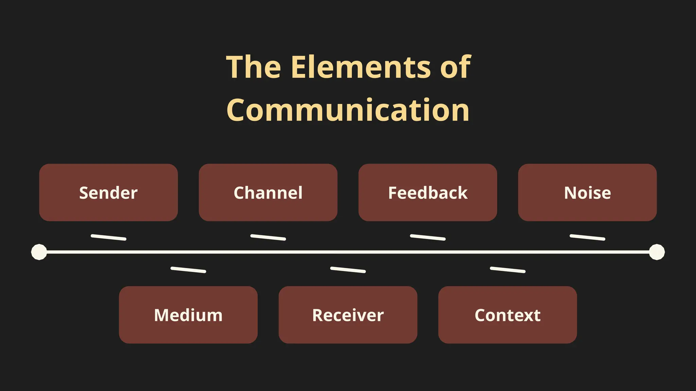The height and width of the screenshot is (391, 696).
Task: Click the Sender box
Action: pos(108,192)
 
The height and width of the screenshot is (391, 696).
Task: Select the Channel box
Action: pos(268,192)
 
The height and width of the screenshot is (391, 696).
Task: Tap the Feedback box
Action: pos(428,192)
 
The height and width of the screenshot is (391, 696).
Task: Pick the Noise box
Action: pos(587,192)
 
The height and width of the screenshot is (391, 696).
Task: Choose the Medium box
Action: pos(188,315)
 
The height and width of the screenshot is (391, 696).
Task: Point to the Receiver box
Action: pos(348,315)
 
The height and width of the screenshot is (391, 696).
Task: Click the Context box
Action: pos(507,315)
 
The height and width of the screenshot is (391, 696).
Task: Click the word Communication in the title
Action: pos(348,110)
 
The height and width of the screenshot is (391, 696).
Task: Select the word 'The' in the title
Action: pos(254,67)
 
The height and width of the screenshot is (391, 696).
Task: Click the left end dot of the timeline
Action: pos(39,252)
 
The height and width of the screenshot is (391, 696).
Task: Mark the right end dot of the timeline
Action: pos(657,252)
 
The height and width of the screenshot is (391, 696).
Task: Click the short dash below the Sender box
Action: pos(108,237)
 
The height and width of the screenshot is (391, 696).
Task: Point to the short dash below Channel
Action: pos(268,237)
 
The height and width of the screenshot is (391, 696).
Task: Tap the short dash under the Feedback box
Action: pos(428,237)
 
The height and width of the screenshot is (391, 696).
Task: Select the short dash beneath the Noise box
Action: pos(587,237)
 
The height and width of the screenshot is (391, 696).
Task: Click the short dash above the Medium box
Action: pos(188,270)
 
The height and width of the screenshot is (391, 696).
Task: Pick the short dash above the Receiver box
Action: pos(348,270)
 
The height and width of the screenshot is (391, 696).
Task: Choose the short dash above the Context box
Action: pos(507,270)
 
